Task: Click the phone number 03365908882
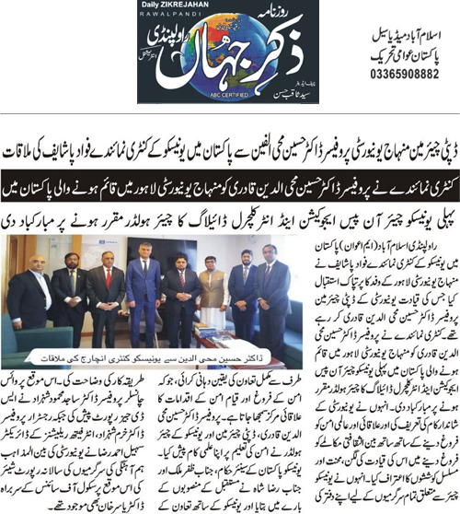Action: [x=385, y=76]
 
